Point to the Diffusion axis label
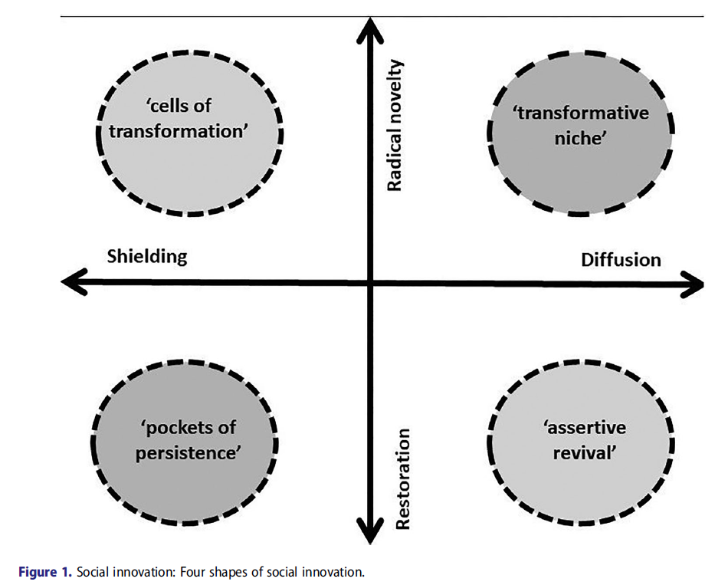[x=621, y=260]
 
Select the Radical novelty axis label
[x=395, y=126]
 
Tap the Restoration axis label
[x=404, y=478]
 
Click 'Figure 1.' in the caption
[x=47, y=572]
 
